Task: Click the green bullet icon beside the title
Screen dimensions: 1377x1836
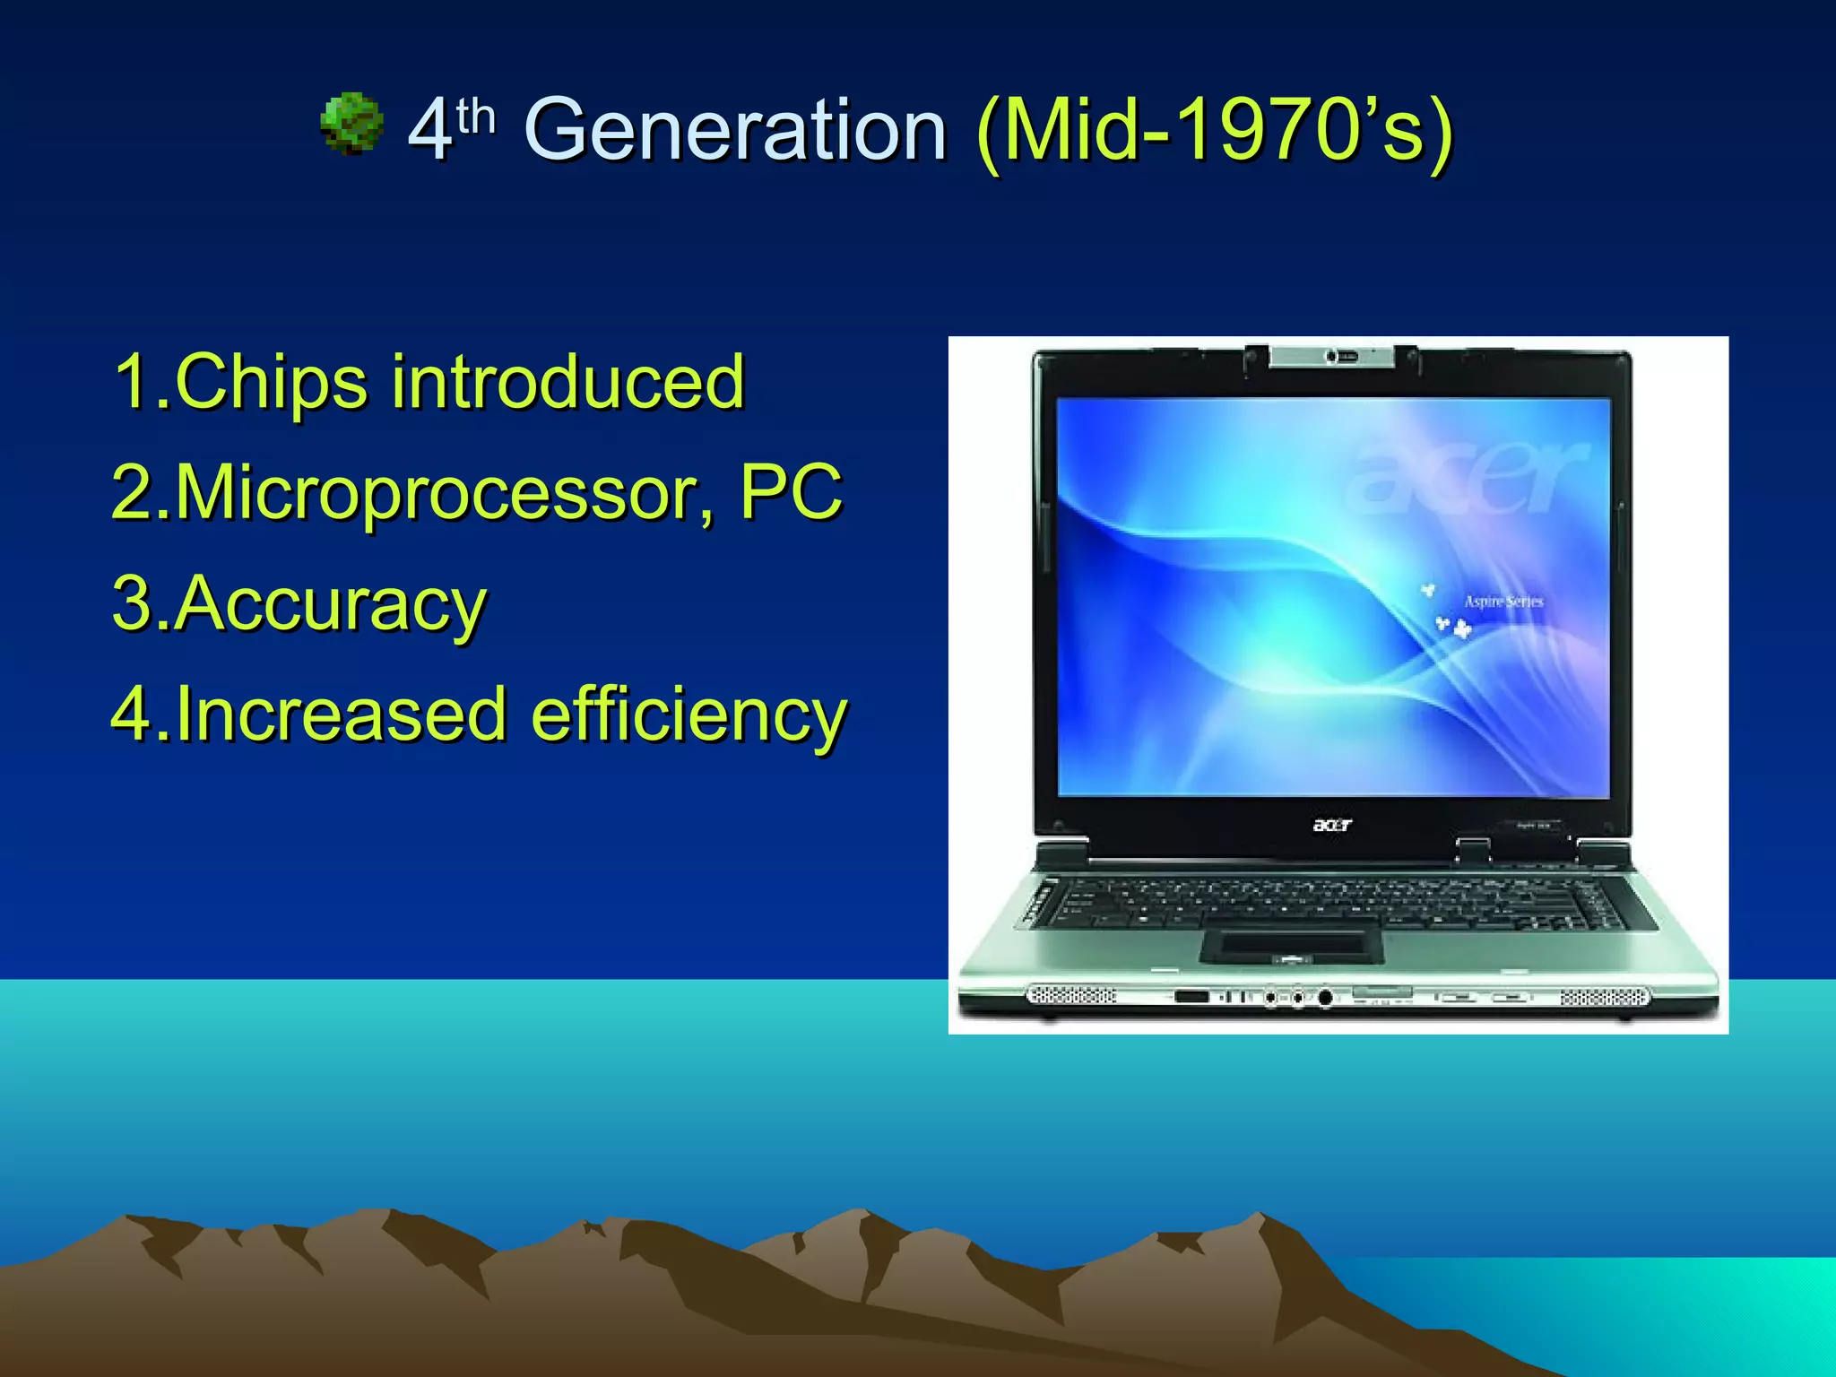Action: (x=351, y=123)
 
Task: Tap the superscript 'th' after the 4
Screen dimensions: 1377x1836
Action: (x=475, y=117)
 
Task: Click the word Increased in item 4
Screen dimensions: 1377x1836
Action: (x=341, y=714)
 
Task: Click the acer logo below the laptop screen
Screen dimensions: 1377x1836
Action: (x=1332, y=825)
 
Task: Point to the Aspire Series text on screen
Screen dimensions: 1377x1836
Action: (x=1503, y=602)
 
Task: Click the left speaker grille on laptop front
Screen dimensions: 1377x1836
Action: (x=1072, y=996)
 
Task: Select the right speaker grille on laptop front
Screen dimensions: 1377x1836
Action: (x=1605, y=997)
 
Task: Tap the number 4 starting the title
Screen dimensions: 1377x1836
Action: (x=429, y=132)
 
